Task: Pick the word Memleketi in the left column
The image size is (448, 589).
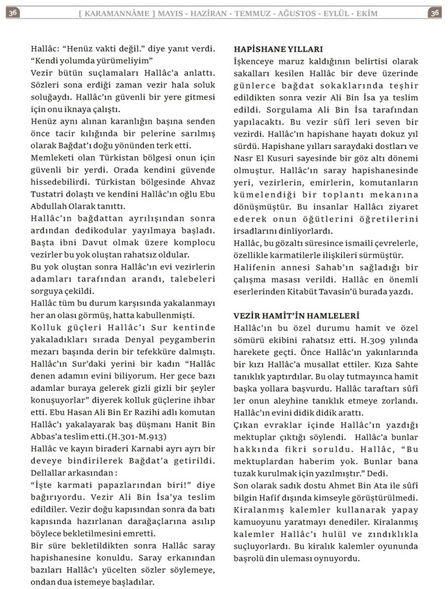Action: [55, 159]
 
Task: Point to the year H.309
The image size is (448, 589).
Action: [374, 339]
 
